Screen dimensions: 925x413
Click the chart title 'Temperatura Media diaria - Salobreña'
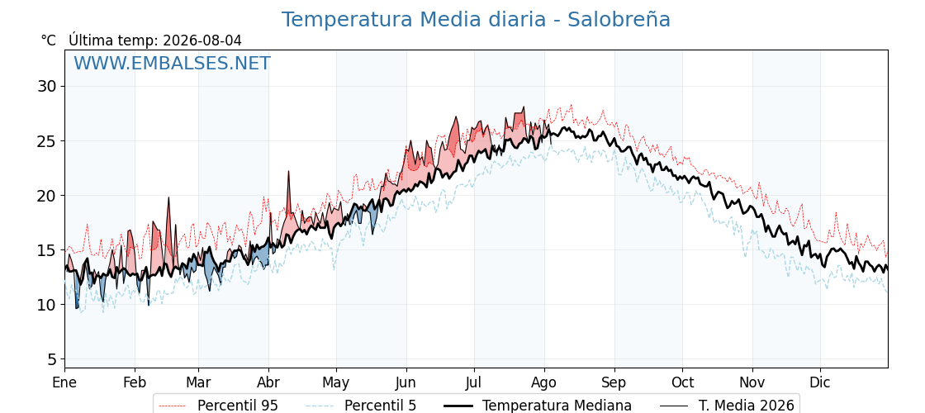tap(476, 20)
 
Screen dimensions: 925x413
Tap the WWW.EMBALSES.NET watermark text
tap(173, 63)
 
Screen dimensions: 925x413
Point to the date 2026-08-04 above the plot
tap(202, 40)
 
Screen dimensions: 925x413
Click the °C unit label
tap(49, 40)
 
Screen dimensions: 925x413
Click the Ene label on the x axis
tap(64, 383)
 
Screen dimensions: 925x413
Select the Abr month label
tap(268, 383)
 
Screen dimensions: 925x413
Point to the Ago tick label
tap(544, 383)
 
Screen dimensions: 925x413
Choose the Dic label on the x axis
tap(820, 383)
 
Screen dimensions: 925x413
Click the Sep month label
tap(614, 383)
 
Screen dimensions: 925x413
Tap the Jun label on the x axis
tap(406, 383)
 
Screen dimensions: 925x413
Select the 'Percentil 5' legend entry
tap(361, 406)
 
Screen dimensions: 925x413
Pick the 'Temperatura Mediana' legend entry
tap(538, 406)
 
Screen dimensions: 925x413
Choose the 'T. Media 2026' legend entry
tap(727, 406)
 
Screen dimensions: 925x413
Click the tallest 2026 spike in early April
tap(288, 172)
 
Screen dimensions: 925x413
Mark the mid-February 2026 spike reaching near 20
tap(168, 198)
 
